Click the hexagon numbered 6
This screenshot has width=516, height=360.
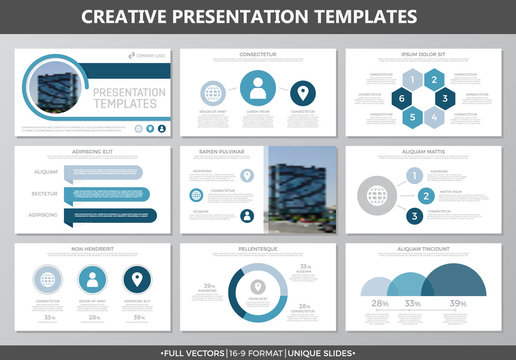tap(401, 100)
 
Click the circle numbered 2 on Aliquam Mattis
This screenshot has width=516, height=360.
tap(425, 195)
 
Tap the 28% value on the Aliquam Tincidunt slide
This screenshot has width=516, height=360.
tap(380, 304)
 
